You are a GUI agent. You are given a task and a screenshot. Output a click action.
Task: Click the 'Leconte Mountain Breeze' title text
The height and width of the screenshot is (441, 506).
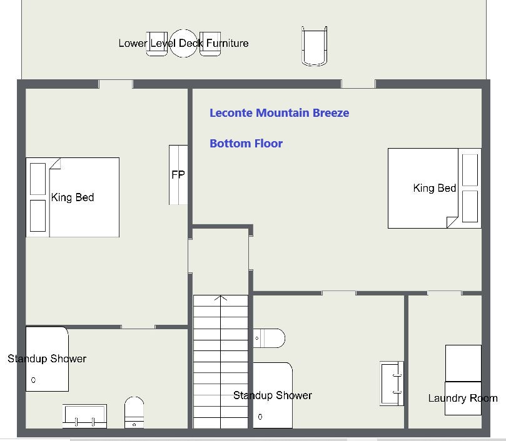coord(279,113)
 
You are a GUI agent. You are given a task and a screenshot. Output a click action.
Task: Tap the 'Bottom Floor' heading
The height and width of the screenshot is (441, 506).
coord(246,144)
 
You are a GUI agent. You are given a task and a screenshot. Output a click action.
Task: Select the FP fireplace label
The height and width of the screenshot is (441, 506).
coord(178,175)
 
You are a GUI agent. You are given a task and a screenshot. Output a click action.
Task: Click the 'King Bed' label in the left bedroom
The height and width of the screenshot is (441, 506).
coord(73,197)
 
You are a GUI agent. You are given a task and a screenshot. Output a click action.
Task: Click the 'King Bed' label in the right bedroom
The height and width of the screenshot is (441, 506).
coord(434,188)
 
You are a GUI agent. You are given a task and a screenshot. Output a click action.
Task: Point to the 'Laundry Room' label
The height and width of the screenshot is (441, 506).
coord(463,398)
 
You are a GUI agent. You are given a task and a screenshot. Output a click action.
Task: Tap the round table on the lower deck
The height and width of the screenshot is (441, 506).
coord(183,43)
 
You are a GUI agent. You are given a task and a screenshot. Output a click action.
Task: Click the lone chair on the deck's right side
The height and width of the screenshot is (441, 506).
coord(315,46)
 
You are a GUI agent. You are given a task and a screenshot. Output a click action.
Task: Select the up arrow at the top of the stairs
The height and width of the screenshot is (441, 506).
coord(221,298)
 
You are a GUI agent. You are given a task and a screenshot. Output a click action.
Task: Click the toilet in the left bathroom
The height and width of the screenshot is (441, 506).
coord(134,412)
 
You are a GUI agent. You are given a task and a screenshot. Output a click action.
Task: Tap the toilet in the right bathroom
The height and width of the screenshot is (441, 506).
coord(269,338)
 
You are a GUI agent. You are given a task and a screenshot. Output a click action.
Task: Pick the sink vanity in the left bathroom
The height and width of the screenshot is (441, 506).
coord(84,416)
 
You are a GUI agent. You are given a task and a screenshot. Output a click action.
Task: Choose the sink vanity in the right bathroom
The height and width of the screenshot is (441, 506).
coord(392,384)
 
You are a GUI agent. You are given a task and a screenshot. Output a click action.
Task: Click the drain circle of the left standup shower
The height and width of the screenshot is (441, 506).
coord(33,380)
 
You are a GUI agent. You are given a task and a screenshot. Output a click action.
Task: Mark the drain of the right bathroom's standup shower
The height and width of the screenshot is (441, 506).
coord(260,417)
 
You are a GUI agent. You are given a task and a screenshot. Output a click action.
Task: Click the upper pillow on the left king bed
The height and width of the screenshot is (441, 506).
coord(38,179)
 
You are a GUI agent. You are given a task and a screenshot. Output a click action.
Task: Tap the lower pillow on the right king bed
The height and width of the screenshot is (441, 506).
coord(470,206)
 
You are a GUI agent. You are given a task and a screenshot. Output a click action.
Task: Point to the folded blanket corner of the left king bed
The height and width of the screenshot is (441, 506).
coord(55,164)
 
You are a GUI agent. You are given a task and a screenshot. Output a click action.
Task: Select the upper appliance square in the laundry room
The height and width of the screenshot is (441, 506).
coord(463,364)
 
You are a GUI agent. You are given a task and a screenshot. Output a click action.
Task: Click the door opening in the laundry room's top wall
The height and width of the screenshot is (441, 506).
coord(444,293)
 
